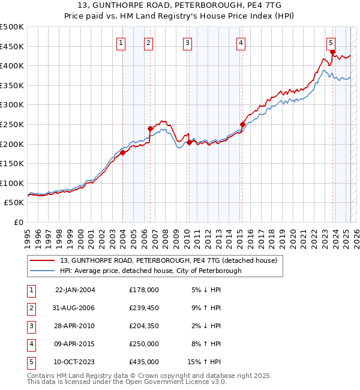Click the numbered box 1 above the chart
pos(121,43)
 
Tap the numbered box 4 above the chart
pos(240,43)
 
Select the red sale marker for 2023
pos(332,52)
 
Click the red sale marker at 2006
pos(150,128)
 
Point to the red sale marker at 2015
pos(242,124)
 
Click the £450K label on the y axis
pos(13,46)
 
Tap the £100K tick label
pos(13,183)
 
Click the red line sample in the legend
pos(42,261)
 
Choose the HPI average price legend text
pos(150,271)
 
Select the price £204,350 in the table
pos(144,326)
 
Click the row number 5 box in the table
pos(31,362)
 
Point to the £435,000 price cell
pos(144,362)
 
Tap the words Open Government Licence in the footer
pos(181,382)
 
